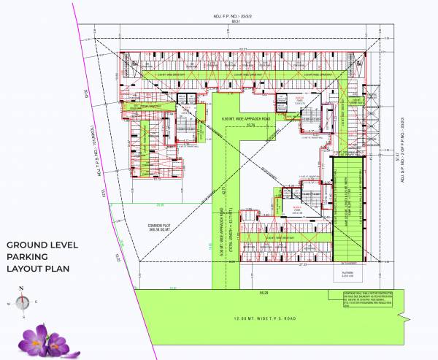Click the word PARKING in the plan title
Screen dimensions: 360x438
click(28, 257)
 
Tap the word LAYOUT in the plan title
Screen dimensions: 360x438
click(27, 269)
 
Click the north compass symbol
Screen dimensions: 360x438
click(23, 300)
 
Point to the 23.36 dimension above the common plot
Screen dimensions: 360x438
click(159, 205)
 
